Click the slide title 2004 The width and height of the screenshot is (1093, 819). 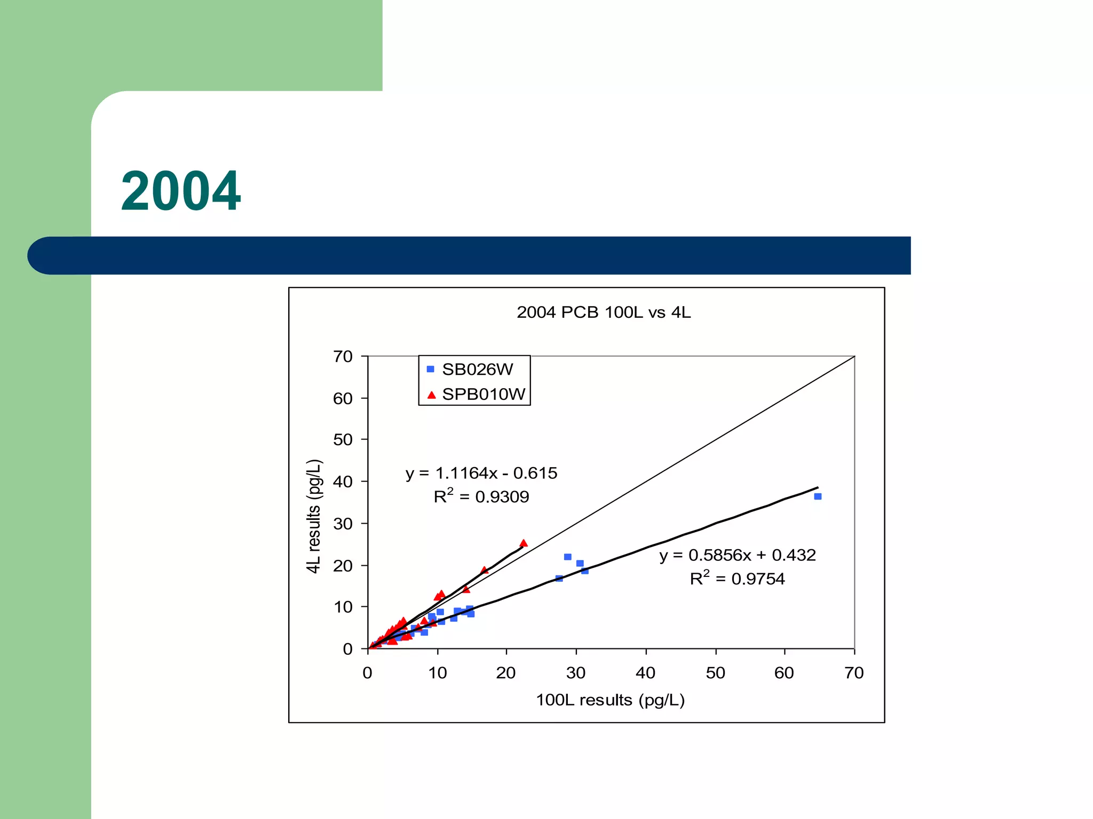(x=181, y=191)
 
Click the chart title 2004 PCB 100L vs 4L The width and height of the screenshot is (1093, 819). (x=603, y=312)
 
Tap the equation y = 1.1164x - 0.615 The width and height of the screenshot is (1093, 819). (x=481, y=473)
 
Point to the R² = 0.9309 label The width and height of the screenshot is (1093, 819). (x=481, y=496)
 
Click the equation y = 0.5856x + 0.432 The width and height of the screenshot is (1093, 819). (x=737, y=555)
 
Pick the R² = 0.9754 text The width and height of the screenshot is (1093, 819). (x=737, y=579)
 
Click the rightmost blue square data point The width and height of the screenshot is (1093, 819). (x=818, y=496)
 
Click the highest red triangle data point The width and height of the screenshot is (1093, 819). (x=524, y=543)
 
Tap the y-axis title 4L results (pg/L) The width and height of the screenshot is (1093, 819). (x=314, y=516)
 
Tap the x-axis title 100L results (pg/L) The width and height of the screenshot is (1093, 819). (x=610, y=700)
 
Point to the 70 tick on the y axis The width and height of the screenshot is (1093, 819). (x=343, y=356)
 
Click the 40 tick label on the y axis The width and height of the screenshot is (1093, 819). (x=343, y=481)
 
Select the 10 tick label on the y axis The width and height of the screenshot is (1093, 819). (x=343, y=607)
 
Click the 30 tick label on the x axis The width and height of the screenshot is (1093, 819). (x=576, y=673)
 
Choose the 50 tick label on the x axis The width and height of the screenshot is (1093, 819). (x=715, y=673)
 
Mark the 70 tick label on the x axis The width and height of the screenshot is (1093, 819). (x=854, y=673)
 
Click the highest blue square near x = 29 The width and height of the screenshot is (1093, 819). (x=568, y=557)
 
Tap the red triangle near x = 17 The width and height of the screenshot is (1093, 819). (x=484, y=571)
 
